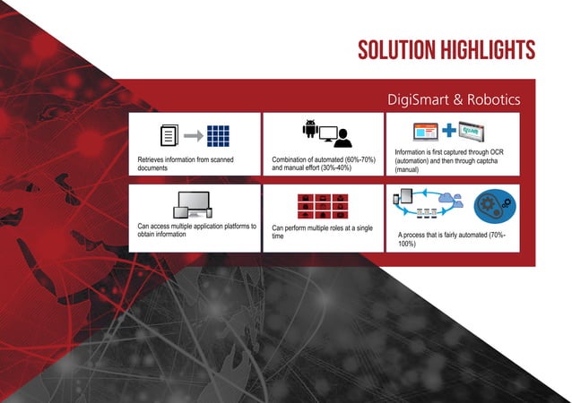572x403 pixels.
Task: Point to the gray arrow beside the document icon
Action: click(194, 136)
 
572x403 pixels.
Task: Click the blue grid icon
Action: click(219, 136)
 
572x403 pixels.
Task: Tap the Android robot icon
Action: click(311, 130)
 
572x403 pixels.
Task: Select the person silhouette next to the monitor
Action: click(345, 137)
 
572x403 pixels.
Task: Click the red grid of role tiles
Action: click(318, 206)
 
